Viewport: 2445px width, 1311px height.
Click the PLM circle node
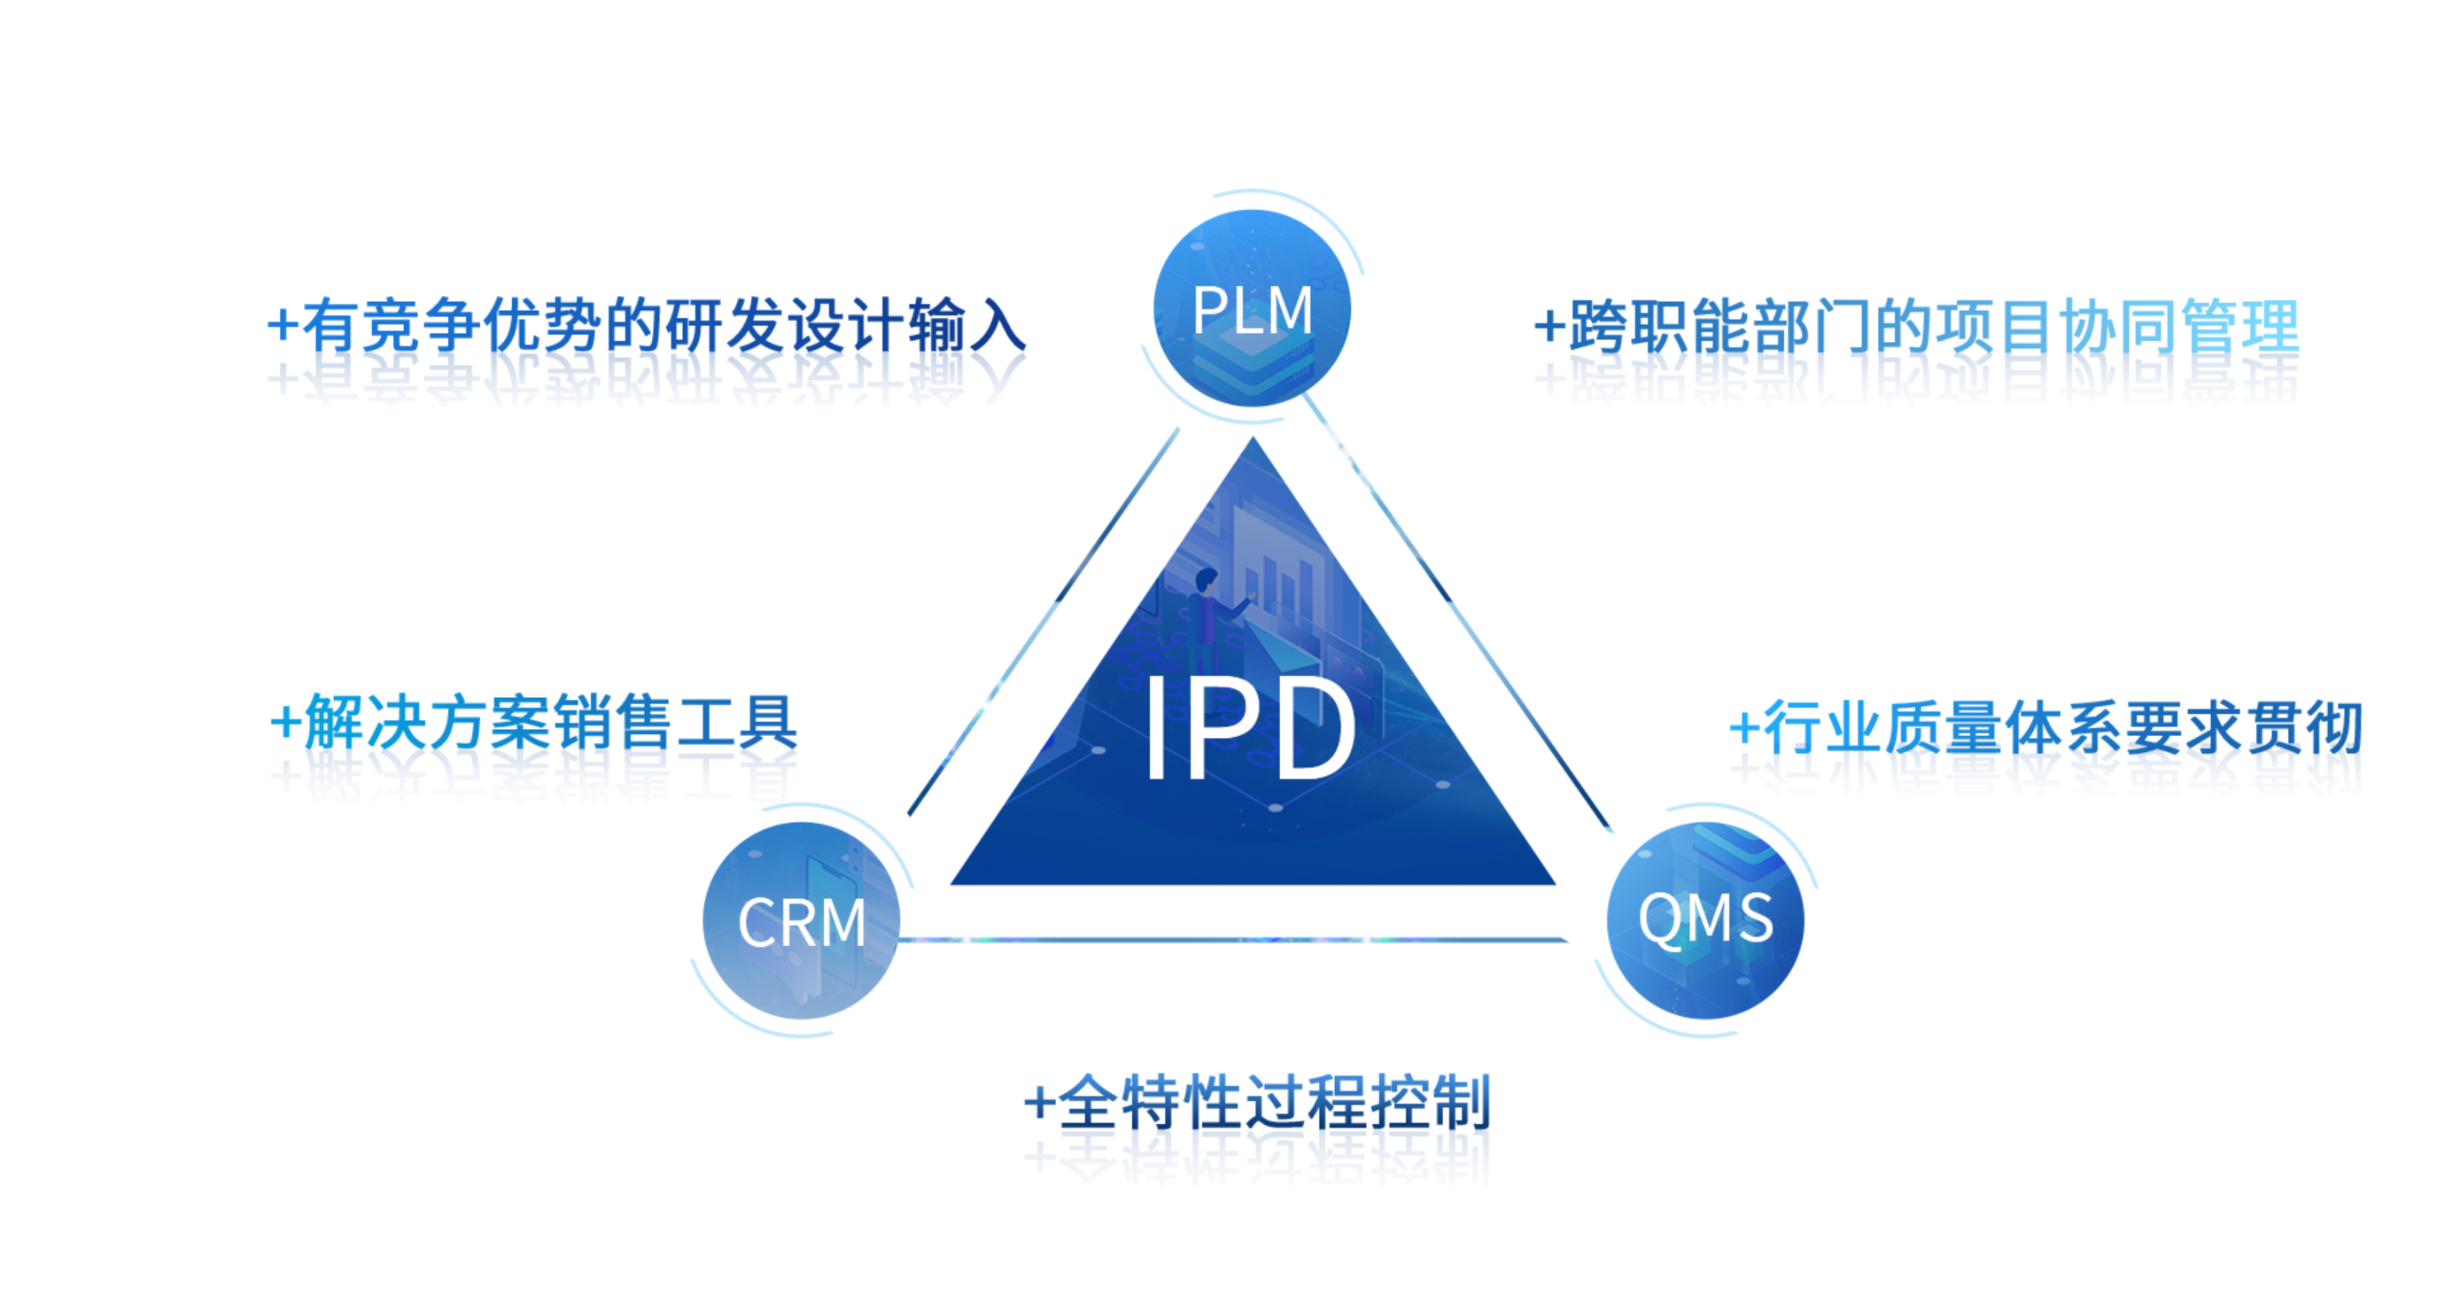click(x=1251, y=308)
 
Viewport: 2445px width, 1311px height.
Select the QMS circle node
click(x=1704, y=919)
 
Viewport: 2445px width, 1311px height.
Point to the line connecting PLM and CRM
click(x=1044, y=622)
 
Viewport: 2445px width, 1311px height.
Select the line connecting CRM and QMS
click(x=1234, y=940)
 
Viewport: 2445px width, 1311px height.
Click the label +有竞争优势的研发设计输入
click(x=646, y=328)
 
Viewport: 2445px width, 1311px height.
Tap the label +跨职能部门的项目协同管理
click(x=1917, y=328)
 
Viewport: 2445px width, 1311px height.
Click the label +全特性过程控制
click(x=1258, y=1103)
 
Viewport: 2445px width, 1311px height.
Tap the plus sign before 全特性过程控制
click(x=1039, y=1103)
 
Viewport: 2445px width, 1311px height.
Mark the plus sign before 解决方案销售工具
click(x=285, y=725)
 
